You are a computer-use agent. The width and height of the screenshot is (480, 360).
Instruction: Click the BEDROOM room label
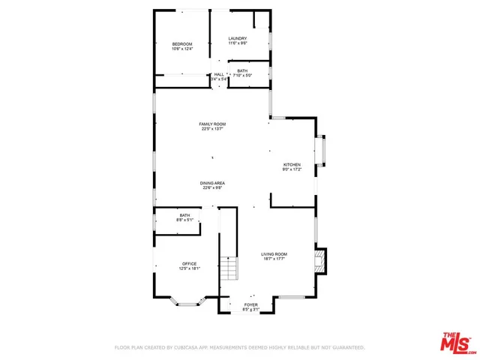[x=182, y=44]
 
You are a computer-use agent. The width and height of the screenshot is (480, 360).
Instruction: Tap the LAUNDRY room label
[x=238, y=38]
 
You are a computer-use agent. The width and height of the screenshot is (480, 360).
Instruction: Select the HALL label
[x=219, y=74]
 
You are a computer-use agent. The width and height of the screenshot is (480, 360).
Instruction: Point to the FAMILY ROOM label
[x=212, y=124]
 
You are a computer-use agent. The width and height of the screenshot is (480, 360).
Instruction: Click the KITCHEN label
[x=291, y=164]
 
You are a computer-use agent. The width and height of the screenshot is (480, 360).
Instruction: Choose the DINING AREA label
[x=212, y=183]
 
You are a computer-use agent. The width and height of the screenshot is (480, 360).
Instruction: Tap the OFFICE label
[x=189, y=263]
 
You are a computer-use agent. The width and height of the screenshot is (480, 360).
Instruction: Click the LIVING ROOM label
[x=274, y=254]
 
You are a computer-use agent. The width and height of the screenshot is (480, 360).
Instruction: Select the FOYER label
[x=250, y=304]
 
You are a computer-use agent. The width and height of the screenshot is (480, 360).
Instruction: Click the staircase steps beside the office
[x=228, y=268]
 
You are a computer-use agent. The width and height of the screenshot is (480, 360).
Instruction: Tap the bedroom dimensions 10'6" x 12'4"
[x=182, y=49]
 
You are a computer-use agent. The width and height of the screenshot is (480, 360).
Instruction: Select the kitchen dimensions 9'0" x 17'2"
[x=291, y=169]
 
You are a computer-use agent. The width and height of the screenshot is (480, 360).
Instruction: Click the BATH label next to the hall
[x=242, y=70]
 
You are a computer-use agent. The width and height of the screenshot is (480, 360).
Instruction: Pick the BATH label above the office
[x=184, y=215]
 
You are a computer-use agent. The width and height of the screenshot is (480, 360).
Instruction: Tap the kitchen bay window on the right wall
[x=323, y=149]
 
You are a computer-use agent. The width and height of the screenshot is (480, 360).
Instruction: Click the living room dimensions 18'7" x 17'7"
[x=274, y=259]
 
